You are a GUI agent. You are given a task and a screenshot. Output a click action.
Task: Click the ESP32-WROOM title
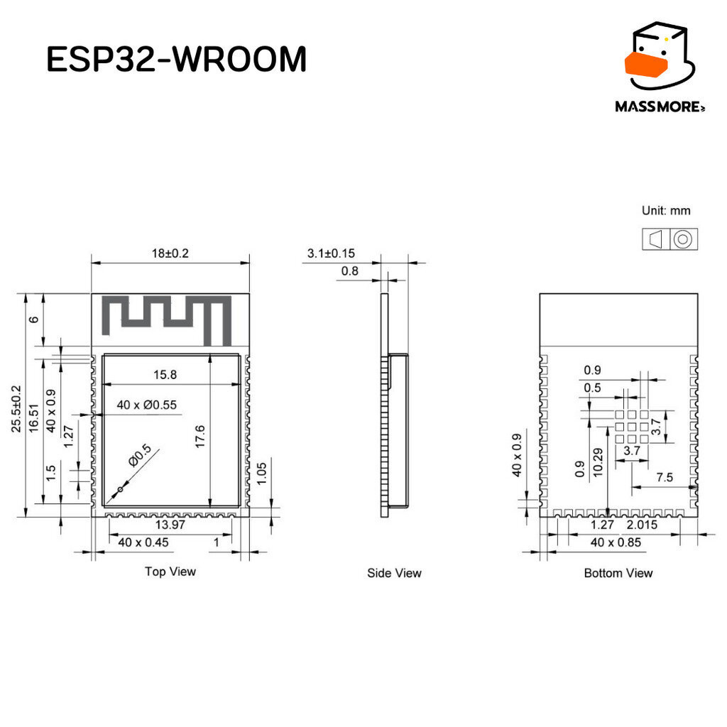coord(177,59)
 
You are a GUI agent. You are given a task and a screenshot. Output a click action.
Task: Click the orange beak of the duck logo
coord(646,65)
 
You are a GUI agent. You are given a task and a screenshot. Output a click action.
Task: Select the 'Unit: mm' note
coord(666,210)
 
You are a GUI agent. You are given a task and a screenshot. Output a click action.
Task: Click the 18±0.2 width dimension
coord(170,253)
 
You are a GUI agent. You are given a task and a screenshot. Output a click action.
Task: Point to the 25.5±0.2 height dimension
coord(17,408)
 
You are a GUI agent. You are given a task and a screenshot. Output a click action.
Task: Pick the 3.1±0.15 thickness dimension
coord(331,253)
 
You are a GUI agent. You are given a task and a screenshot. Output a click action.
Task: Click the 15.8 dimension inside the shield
coord(165,375)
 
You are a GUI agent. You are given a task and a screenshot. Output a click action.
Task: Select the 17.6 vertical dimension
coord(199,437)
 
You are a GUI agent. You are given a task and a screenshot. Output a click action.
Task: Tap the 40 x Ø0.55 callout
coord(146,405)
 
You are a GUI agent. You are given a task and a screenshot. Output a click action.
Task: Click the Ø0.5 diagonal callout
coord(140,455)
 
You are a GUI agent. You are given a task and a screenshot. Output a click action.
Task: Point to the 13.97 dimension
coord(170,525)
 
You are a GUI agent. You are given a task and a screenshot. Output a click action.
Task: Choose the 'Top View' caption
coord(170,572)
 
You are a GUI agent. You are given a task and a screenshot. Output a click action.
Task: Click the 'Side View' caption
coord(394,573)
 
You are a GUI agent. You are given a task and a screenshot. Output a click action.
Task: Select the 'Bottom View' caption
coord(618,573)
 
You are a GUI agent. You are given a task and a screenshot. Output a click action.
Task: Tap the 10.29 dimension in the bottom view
coord(598,462)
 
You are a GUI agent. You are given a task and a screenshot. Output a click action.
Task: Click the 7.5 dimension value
coord(665,477)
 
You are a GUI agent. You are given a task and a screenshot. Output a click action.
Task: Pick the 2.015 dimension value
coord(642,525)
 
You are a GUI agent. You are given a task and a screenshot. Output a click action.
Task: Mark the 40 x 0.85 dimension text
coord(616,542)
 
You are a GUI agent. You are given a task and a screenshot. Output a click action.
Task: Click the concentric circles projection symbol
coord(683,240)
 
